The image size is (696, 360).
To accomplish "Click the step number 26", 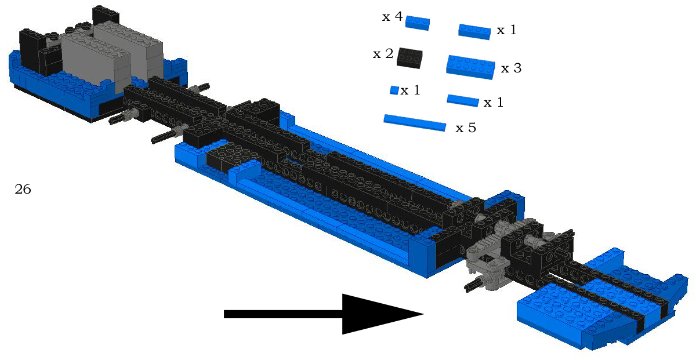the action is coord(23,189).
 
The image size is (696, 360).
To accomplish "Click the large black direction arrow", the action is coord(323,314).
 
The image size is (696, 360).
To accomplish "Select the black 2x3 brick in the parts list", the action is coord(409,58).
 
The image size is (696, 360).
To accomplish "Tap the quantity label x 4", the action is coord(392,16).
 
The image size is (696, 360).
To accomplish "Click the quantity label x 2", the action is coord(383,54).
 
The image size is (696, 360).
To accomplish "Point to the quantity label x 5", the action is coord(465,128).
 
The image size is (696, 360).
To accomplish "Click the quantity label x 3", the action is coord(511,68).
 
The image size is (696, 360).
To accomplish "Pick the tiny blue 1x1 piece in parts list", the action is coord(394,90).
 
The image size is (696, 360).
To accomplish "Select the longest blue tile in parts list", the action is coord(415,123).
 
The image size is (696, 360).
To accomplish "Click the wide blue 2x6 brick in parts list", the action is coord(470,67).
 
